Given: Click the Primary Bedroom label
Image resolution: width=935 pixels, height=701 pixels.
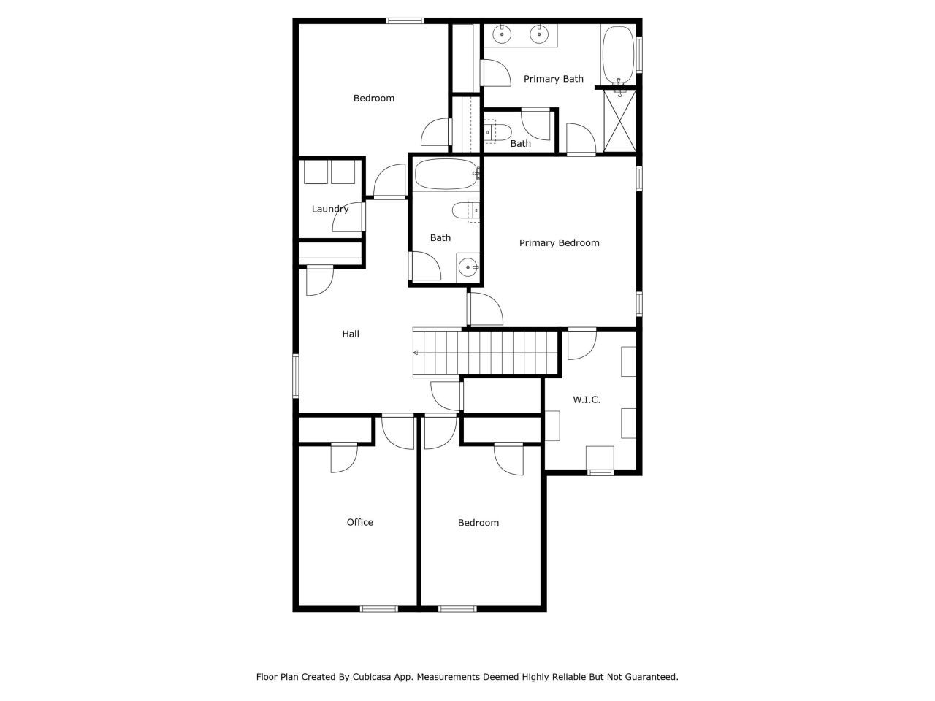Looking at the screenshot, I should pyautogui.click(x=559, y=243).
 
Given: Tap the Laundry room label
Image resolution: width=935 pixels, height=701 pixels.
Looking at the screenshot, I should pyautogui.click(x=330, y=210).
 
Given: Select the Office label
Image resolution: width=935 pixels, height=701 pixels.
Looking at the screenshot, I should pyautogui.click(x=359, y=522).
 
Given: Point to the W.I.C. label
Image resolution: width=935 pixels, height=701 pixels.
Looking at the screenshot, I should pyautogui.click(x=587, y=400).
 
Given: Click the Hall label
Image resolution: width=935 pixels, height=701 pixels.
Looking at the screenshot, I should pyautogui.click(x=351, y=334).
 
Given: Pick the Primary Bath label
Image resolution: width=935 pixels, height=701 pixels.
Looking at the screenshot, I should pyautogui.click(x=553, y=79).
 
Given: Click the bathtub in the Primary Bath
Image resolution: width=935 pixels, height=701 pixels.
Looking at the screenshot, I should pyautogui.click(x=618, y=55).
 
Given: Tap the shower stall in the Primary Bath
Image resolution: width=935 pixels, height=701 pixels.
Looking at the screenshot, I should pyautogui.click(x=619, y=121).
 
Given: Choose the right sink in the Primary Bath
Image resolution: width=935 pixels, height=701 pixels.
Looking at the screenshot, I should pyautogui.click(x=541, y=33).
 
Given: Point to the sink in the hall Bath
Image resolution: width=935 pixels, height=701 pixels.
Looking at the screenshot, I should pyautogui.click(x=467, y=268).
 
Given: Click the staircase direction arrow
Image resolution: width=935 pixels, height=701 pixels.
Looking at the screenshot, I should pyautogui.click(x=416, y=353).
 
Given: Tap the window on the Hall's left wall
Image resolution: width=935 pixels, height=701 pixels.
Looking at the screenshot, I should pyautogui.click(x=296, y=375).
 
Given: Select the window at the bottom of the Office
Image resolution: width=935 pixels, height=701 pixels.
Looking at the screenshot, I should pyautogui.click(x=378, y=608).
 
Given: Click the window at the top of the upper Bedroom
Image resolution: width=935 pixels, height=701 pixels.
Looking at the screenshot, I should pyautogui.click(x=405, y=20).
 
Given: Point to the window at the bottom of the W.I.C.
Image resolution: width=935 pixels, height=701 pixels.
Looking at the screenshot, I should pyautogui.click(x=600, y=472).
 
